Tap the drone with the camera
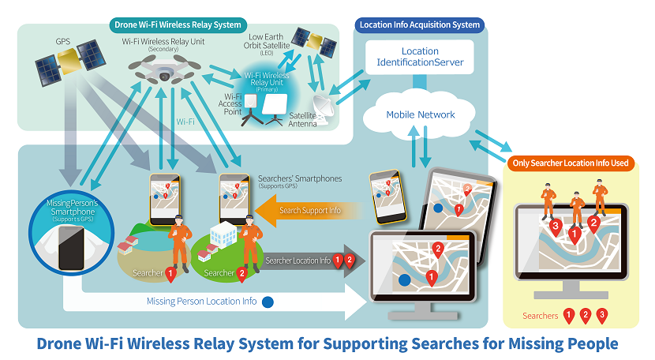tap(163, 71)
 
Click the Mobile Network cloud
tap(420, 114)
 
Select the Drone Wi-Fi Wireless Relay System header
tap(177, 24)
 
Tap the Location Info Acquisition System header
tap(419, 24)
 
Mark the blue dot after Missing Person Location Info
tap(267, 301)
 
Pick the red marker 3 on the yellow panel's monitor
tap(556, 228)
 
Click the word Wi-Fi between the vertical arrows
tap(185, 122)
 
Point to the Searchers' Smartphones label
tap(300, 179)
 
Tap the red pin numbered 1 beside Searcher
tap(170, 273)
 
